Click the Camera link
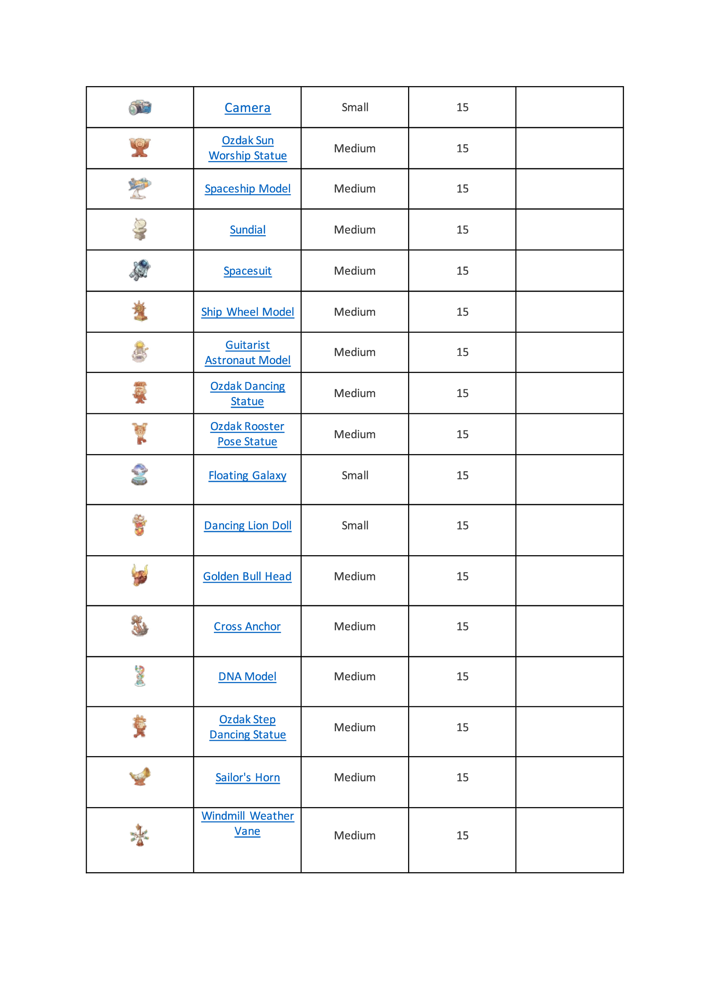coord(247,108)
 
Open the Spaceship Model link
coord(247,188)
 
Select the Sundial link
coord(247,230)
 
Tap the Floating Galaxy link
coord(247,475)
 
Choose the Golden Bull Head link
coord(247,576)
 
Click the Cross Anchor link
coord(247,626)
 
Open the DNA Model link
coord(247,676)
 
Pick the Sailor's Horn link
coord(247,777)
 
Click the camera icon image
coord(140,108)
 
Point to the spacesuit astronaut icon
coord(140,270)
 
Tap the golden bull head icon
coord(140,575)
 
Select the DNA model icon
coord(140,676)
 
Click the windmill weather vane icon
coord(140,835)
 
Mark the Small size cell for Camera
coord(354,108)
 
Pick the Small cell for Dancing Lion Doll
coord(354,526)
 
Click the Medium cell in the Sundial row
coord(354,230)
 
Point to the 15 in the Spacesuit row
coord(462,271)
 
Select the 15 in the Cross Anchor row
coord(462,626)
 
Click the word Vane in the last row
coord(247,831)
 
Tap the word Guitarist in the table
coord(247,345)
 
